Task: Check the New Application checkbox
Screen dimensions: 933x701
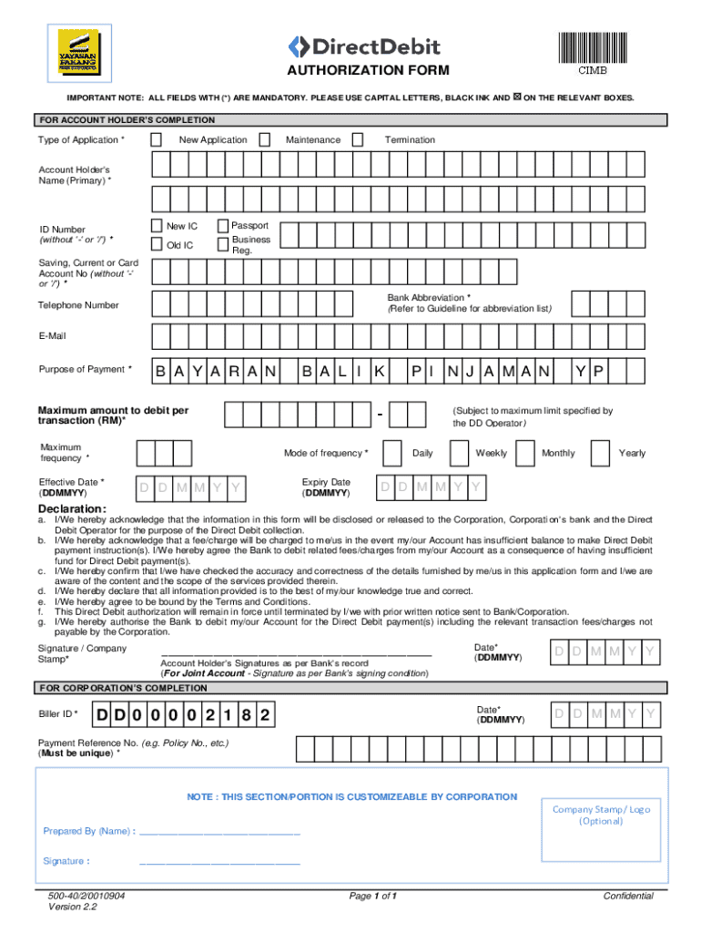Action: (x=157, y=139)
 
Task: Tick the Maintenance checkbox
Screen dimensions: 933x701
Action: (x=264, y=139)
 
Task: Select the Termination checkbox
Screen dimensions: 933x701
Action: (x=358, y=139)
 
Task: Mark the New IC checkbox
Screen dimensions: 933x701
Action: (x=157, y=225)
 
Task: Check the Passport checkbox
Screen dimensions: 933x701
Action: (x=223, y=225)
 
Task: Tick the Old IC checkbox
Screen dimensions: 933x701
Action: (x=157, y=244)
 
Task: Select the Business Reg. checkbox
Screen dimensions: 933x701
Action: (x=223, y=243)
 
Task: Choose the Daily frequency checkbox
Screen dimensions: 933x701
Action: (x=392, y=453)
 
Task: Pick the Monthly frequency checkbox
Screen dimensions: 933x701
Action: (x=524, y=453)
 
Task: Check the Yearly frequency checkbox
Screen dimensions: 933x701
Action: (x=600, y=453)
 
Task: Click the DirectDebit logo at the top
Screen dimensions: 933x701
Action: (x=364, y=46)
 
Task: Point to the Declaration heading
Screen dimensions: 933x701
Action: (x=72, y=508)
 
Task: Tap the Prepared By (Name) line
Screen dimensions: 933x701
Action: (x=218, y=831)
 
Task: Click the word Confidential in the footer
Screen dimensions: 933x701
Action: (x=628, y=896)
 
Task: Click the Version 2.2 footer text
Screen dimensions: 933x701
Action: (x=74, y=907)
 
